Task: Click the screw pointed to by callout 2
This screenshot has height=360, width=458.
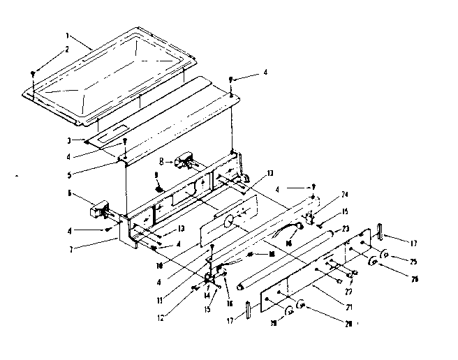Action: tap(33, 73)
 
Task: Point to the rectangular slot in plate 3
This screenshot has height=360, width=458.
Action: tap(117, 129)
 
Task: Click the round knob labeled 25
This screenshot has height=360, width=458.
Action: tap(384, 253)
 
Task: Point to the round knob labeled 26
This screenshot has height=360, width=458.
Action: tap(375, 264)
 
